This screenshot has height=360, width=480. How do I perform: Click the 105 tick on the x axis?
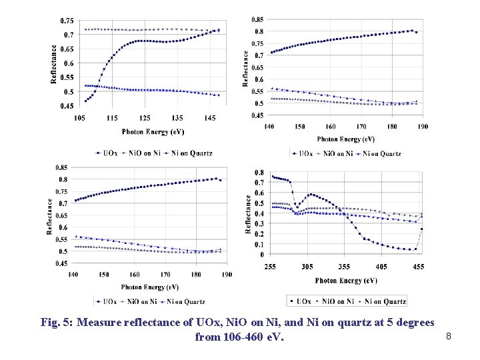[79, 117]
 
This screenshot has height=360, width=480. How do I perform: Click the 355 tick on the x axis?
[344, 266]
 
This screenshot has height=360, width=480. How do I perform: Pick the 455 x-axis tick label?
[418, 266]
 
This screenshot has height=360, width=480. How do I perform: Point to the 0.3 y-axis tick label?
[260, 223]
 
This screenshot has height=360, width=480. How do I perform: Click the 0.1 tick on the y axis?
[260, 244]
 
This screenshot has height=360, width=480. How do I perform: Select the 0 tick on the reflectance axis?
[262, 254]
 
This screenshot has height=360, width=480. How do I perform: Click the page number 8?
[449, 337]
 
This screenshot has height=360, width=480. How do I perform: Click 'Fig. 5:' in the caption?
[57, 323]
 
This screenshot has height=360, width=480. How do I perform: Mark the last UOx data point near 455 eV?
[421, 229]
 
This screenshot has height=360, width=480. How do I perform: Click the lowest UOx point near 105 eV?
[85, 101]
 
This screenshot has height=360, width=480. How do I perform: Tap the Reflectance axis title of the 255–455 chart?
[249, 213]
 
